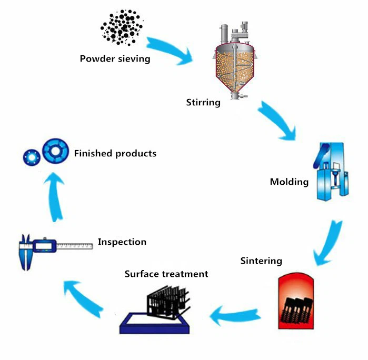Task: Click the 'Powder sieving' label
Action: [x=115, y=58]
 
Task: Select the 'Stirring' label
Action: [x=203, y=102]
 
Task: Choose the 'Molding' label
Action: [x=289, y=182]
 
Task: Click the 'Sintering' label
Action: [x=261, y=261]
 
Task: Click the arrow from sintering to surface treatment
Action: [x=237, y=315]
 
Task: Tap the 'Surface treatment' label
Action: [x=166, y=274]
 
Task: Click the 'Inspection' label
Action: [x=122, y=242]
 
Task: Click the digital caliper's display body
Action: [x=44, y=245]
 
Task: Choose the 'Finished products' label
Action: [x=115, y=154]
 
